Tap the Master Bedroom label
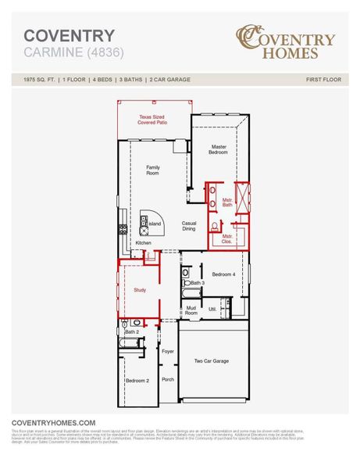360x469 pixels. point(218,149)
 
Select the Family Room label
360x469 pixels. point(153,170)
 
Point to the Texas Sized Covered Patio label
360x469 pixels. point(153,120)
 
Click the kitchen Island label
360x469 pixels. point(155,224)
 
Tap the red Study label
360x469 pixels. point(139,289)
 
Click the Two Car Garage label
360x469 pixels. point(211,361)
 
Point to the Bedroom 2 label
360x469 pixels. point(137,381)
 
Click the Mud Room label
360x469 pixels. point(191,310)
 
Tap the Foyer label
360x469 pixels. point(167,352)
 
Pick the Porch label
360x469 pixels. point(167,379)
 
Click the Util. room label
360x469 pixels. point(212,310)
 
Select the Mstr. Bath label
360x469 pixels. point(227,202)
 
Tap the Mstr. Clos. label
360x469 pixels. point(227,238)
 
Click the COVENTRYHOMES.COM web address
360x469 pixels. point(54,422)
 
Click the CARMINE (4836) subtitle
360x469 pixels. point(73,53)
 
